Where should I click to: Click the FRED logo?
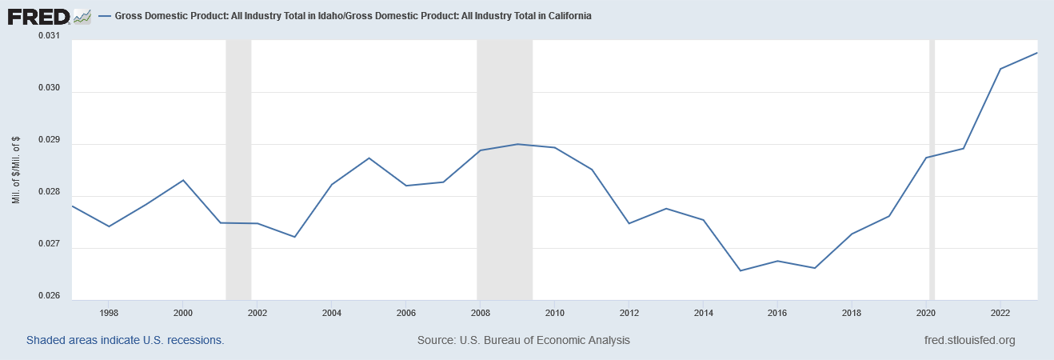pos(50,16)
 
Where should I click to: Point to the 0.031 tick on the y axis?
pos(48,36)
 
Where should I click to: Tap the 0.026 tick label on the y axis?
pos(48,296)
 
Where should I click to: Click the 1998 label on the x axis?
pos(110,312)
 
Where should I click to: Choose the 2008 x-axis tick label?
pos(481,312)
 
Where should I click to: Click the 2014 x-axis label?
pos(703,312)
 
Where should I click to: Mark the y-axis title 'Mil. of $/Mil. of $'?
pos(16,170)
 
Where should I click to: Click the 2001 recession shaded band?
pos(238,168)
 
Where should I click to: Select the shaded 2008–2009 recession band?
pos(505,168)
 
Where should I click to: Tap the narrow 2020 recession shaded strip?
pos(932,168)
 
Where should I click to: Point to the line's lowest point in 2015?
pos(741,270)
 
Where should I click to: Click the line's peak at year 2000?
pos(184,180)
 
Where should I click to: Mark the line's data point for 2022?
pos(1000,69)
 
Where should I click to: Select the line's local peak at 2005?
pos(369,158)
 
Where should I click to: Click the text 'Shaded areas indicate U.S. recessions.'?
pos(125,340)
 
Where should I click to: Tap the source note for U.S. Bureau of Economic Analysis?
pos(523,340)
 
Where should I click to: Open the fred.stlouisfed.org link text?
pos(968,340)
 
